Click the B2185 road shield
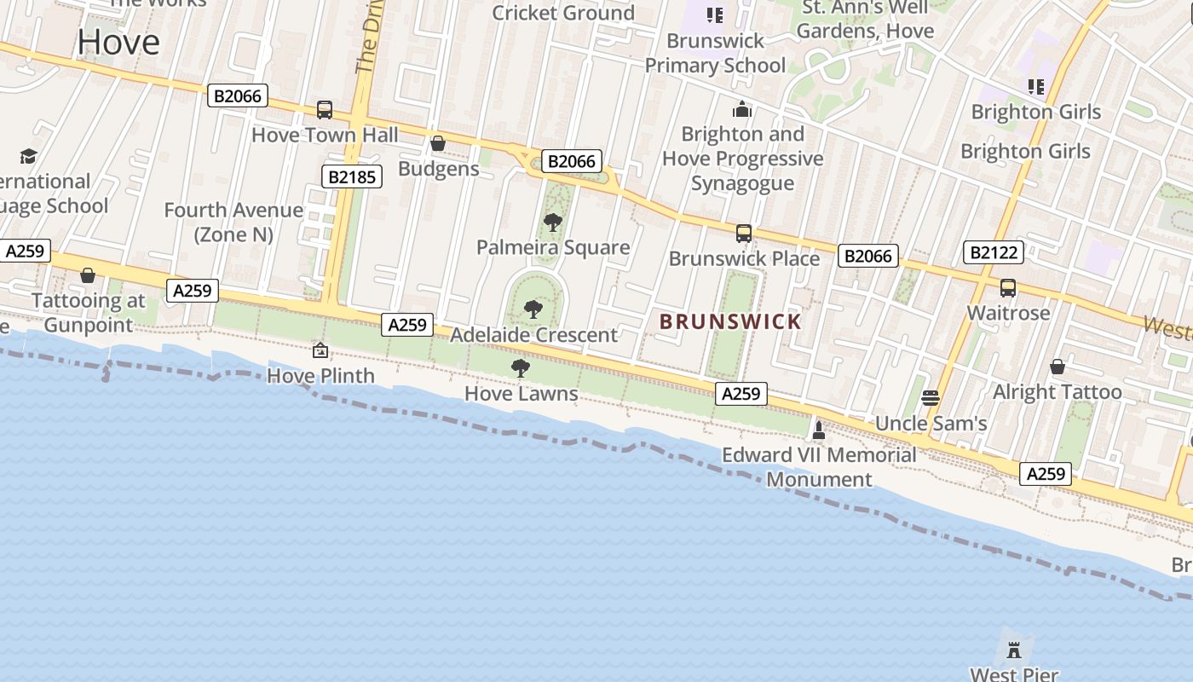click(x=351, y=176)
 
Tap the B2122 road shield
click(x=993, y=252)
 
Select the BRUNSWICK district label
click(x=731, y=321)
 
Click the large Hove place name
click(x=118, y=42)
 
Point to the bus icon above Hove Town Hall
click(x=324, y=109)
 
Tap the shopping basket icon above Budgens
click(x=438, y=143)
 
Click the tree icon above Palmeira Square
click(x=552, y=223)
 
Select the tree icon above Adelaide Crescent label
click(x=533, y=309)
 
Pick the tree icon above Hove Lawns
click(x=520, y=368)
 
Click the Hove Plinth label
click(x=320, y=375)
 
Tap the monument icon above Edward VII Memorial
click(x=819, y=430)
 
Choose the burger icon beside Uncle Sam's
click(x=931, y=397)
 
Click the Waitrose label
click(x=1008, y=313)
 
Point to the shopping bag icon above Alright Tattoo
click(x=1058, y=367)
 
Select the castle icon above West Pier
click(x=1014, y=650)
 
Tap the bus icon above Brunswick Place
click(x=744, y=233)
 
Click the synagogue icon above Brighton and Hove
click(x=742, y=109)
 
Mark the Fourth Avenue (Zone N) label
click(x=233, y=222)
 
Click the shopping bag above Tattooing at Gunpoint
click(x=87, y=275)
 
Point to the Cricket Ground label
click(x=563, y=13)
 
